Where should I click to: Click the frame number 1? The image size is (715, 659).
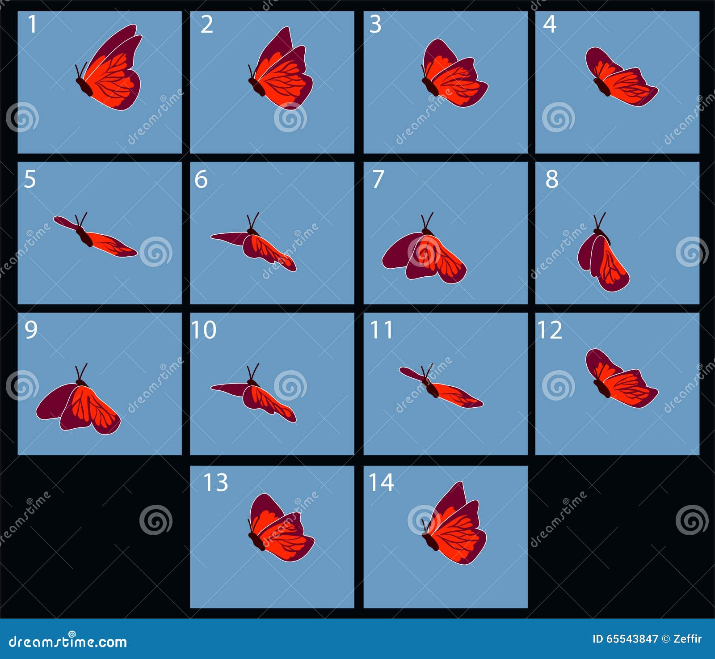point(32,24)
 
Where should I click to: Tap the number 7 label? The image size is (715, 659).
point(378,179)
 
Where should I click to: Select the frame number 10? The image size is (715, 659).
point(204,330)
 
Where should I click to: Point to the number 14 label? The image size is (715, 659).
point(381,482)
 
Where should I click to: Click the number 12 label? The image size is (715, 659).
point(550,330)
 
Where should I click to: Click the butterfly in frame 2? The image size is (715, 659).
point(281,68)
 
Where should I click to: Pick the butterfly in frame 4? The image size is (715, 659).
point(622,77)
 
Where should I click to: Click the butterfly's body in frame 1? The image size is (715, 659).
point(84,87)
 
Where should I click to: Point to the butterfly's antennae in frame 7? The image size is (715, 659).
point(427,221)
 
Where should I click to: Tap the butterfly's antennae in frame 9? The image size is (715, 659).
point(81,372)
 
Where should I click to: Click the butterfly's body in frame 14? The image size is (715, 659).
point(430,541)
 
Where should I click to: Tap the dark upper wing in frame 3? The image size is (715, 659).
point(438,56)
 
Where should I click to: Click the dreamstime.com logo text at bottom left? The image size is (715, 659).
point(67,641)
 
